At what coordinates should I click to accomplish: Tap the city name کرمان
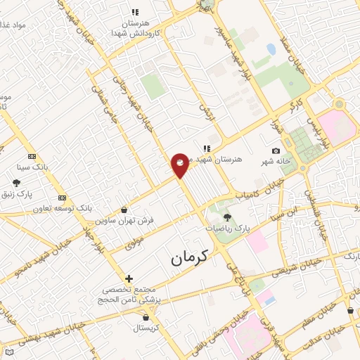point(190,258)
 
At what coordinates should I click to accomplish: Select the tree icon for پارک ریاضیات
point(227,217)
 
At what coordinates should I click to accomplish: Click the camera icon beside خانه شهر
point(276,151)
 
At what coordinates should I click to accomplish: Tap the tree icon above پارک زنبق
point(16,183)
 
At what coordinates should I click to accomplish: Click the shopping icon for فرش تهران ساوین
point(124,210)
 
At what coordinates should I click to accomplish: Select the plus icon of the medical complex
point(128,278)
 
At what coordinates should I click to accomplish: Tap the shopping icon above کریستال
point(145,317)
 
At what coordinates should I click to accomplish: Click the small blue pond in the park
point(271,50)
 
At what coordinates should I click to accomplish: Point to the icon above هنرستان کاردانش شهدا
point(135,12)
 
